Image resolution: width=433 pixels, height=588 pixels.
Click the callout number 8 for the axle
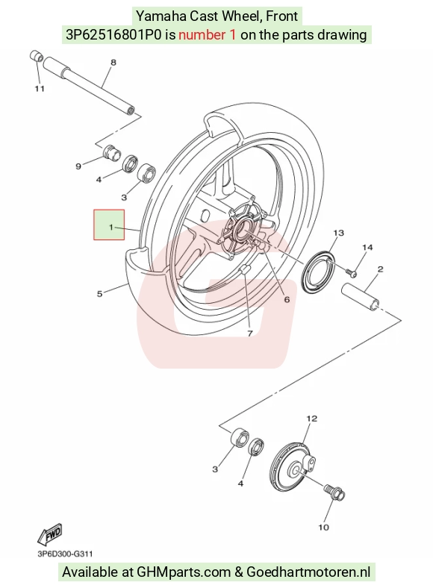pos(113,63)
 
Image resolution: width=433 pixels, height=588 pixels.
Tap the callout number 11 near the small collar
pos(40,89)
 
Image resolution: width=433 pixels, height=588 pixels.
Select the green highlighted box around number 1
pos(109,225)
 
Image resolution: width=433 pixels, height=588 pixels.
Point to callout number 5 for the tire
pos(99,293)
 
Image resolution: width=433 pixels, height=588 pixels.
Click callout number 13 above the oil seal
pos(338,233)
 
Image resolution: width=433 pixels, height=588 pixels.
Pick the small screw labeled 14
pos(351,273)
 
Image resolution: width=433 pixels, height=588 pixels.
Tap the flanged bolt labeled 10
pos(334,492)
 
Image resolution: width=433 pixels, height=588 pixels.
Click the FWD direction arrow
pos(49,534)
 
